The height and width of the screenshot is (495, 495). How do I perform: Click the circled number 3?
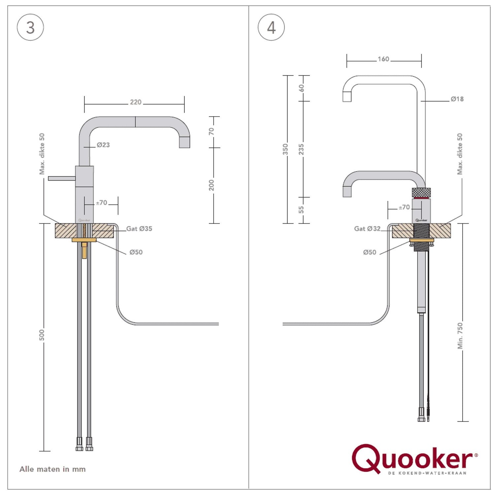(x=30, y=27)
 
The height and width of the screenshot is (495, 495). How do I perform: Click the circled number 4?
(x=271, y=27)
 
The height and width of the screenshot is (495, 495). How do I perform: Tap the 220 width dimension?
(x=136, y=102)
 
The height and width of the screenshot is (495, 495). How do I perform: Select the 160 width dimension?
(x=383, y=59)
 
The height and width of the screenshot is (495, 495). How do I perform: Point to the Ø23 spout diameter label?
(x=103, y=145)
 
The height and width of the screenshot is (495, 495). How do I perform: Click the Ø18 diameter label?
(x=457, y=99)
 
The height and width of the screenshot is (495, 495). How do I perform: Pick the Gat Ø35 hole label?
(x=139, y=229)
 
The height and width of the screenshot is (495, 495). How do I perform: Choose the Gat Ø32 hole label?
(x=367, y=229)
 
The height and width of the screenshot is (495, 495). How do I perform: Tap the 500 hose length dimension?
(x=42, y=335)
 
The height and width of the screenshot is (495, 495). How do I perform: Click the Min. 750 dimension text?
(x=460, y=336)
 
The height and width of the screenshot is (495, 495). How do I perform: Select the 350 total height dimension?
(x=285, y=149)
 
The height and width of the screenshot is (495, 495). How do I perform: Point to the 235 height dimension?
(x=301, y=149)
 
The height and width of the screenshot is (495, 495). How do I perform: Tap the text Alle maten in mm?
(x=52, y=469)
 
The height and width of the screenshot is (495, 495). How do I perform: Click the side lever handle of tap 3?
(x=62, y=179)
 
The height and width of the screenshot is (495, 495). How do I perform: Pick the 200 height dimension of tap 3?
(x=212, y=185)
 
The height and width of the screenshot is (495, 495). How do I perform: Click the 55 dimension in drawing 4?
(x=301, y=210)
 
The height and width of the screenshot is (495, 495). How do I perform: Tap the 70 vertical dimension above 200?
(x=212, y=131)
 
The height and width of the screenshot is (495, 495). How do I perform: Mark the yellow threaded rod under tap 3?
(x=84, y=241)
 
